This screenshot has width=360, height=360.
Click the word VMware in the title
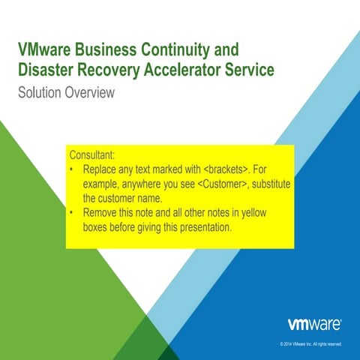[x=46, y=51]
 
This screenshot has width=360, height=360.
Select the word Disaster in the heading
[x=49, y=70]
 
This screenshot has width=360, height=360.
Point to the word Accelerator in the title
[x=189, y=70]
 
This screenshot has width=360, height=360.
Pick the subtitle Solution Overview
[x=66, y=93]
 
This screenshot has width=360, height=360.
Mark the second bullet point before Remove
[x=71, y=214]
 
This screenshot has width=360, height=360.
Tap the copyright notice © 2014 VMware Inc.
[x=310, y=344]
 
